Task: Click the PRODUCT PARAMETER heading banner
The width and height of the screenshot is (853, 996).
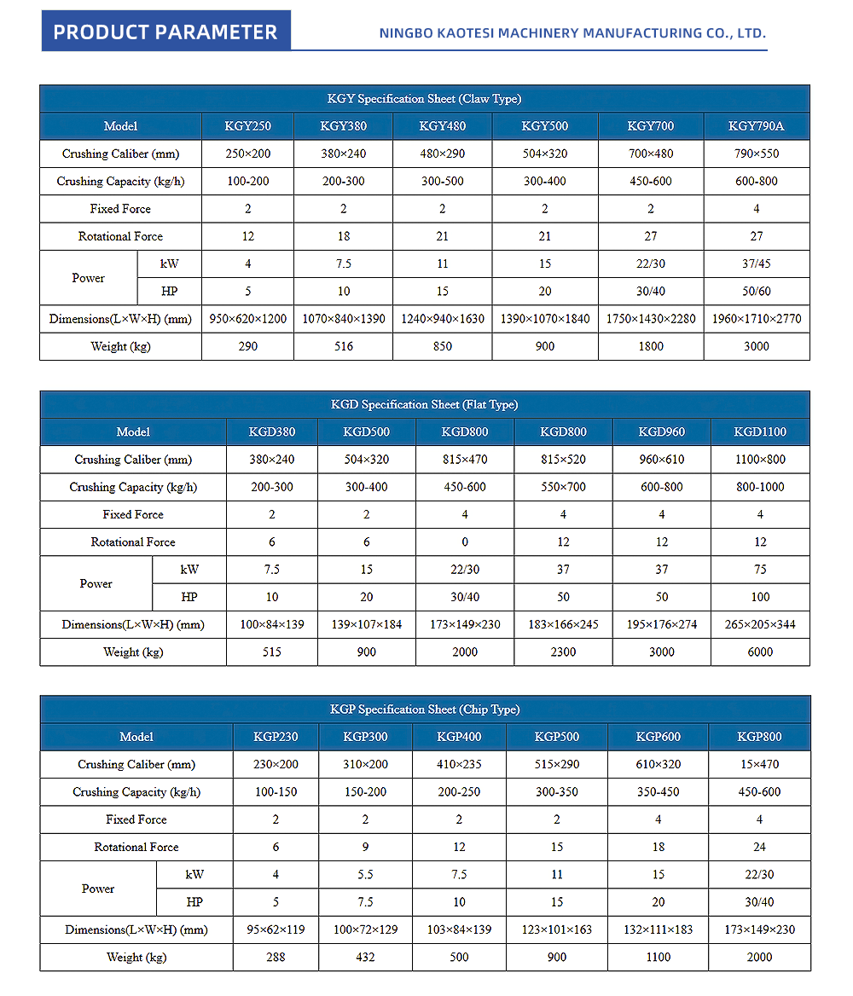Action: click(165, 32)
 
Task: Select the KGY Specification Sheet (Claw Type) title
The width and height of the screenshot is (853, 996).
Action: click(424, 99)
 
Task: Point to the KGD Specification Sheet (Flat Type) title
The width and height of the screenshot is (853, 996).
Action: click(424, 404)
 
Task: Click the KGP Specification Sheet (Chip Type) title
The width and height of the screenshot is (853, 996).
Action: click(424, 709)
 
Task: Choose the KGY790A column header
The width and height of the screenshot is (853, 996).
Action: click(756, 126)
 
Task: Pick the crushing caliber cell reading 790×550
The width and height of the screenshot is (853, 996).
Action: click(756, 153)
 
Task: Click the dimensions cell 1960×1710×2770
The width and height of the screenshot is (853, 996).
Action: click(756, 319)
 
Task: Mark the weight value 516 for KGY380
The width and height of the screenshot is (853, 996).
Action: click(343, 346)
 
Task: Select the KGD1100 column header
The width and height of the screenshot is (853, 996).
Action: click(760, 431)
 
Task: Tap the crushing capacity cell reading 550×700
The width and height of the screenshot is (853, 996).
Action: click(562, 487)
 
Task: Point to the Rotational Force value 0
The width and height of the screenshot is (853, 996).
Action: click(465, 541)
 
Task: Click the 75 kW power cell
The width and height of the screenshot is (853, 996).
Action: click(760, 570)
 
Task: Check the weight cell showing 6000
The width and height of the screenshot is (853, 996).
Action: click(760, 652)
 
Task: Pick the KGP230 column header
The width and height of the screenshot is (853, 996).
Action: click(276, 737)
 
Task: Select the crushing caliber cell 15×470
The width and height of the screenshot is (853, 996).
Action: click(759, 764)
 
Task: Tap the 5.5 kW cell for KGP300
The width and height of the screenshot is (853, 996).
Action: click(365, 874)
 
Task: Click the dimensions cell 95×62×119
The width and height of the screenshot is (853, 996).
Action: click(276, 929)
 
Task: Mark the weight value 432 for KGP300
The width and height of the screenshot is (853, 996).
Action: click(365, 957)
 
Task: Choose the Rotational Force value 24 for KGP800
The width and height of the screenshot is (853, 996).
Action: click(759, 847)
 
